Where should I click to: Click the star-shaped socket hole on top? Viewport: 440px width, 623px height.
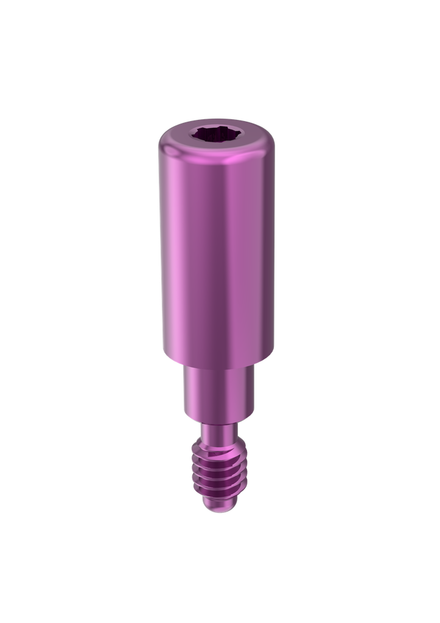click(x=217, y=134)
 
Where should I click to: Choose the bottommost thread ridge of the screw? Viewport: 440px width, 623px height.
click(x=217, y=493)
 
